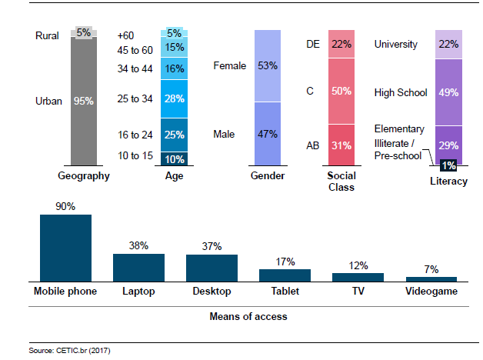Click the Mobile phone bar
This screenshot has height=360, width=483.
pyautogui.click(x=65, y=247)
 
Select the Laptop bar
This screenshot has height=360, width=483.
pyautogui.click(x=138, y=267)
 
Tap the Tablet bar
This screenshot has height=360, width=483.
pyautogui.click(x=285, y=275)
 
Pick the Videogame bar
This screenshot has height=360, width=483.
pyautogui.click(x=431, y=278)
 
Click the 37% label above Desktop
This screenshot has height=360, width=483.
pyautogui.click(x=212, y=246)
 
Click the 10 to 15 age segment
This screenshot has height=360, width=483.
pyautogui.click(x=174, y=159)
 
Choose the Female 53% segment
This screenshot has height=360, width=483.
pyautogui.click(x=268, y=66)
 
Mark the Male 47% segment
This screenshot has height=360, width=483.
pyautogui.click(x=268, y=135)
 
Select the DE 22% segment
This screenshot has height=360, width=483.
pyautogui.click(x=341, y=44)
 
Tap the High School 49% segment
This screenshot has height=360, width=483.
pyautogui.click(x=448, y=92)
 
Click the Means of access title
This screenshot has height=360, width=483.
pyautogui.click(x=248, y=315)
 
